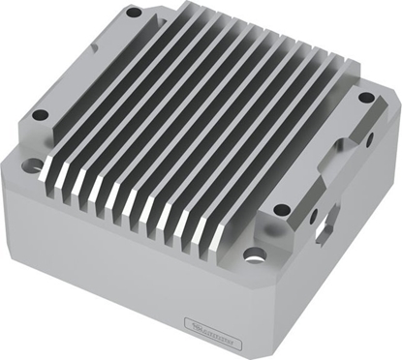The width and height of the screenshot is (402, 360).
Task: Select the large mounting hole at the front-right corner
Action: (x=254, y=255)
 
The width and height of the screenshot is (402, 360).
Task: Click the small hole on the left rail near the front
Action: (x=40, y=114)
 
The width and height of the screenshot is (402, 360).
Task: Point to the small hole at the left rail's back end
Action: (x=134, y=14)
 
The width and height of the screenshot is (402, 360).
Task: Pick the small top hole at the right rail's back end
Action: (x=365, y=98)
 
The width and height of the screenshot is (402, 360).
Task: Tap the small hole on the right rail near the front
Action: (x=281, y=209)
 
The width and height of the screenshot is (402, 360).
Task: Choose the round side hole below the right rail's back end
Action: (x=369, y=139)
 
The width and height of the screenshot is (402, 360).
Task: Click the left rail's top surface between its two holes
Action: (x=82, y=68)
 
